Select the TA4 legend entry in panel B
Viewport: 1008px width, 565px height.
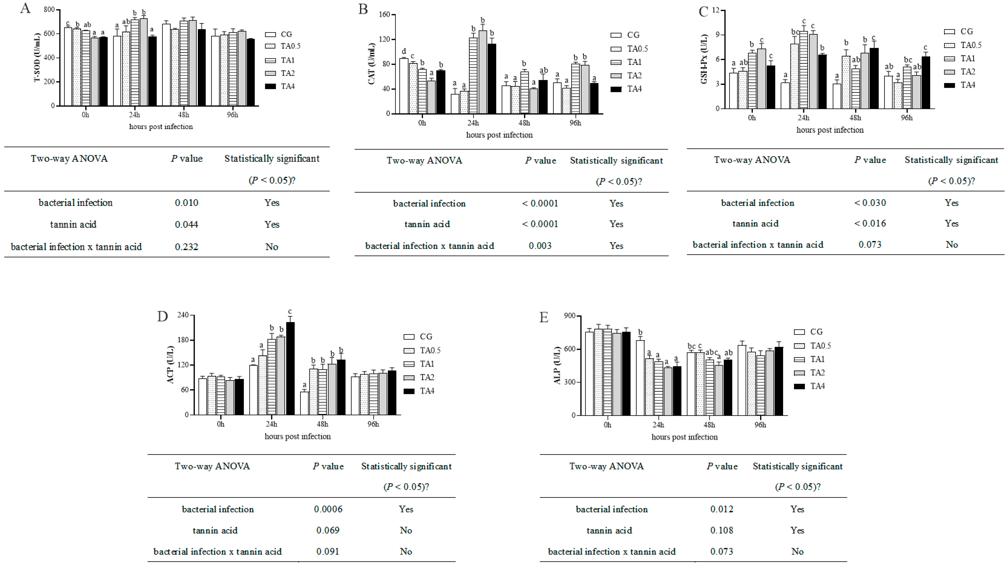[x=626, y=89]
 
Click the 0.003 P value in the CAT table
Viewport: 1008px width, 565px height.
[x=540, y=246]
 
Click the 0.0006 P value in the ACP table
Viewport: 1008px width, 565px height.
[x=328, y=509]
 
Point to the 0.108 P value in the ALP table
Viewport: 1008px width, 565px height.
[x=722, y=530]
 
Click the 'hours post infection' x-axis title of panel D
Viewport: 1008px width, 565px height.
[x=297, y=436]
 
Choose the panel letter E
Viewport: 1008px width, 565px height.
[x=544, y=317]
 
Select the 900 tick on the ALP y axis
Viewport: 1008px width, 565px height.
[x=570, y=316]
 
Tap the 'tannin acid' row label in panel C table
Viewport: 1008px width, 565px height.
[x=755, y=223]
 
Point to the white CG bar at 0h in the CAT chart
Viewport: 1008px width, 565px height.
[x=403, y=86]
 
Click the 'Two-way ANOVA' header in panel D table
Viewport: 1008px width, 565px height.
[x=212, y=466]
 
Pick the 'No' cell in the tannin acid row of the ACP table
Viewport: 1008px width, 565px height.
[x=406, y=530]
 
